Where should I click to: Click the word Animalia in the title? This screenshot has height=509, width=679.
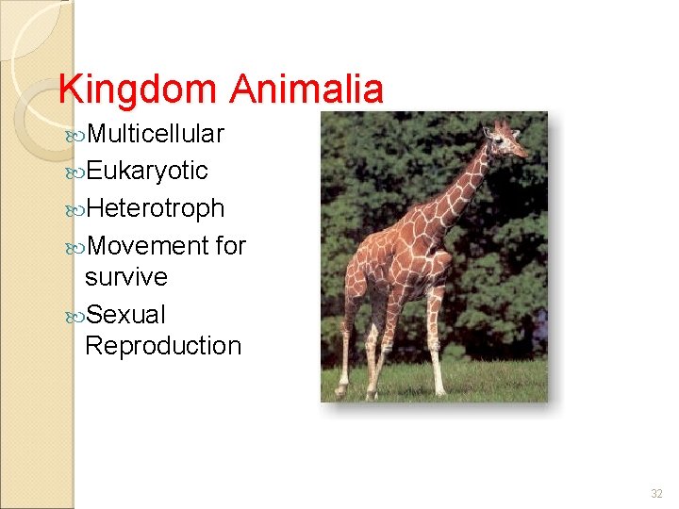point(306,90)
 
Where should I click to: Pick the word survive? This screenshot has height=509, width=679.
point(125,277)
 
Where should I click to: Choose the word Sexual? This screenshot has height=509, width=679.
point(125,314)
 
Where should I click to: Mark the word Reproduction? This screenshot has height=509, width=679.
point(163,346)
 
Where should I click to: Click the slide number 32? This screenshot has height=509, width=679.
point(656,493)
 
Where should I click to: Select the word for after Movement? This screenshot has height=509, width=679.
point(230,246)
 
